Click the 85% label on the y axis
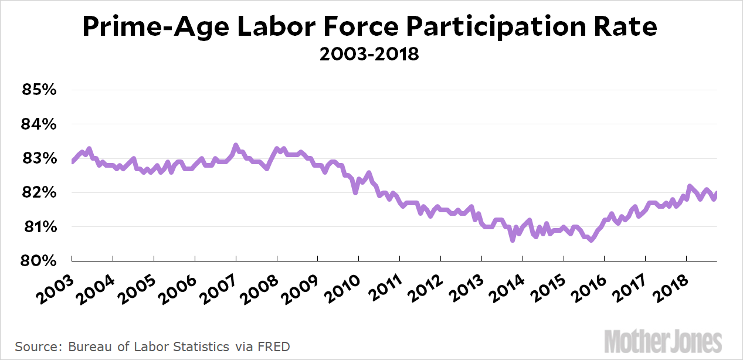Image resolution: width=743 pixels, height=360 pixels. click(39, 91)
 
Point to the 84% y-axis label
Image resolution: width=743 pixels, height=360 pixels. click(39, 125)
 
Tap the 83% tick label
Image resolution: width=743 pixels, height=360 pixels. click(39, 159)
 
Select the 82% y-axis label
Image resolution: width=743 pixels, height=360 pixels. click(39, 193)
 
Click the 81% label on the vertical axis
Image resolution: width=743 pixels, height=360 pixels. click(39, 227)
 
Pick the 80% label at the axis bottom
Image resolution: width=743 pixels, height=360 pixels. click(39, 261)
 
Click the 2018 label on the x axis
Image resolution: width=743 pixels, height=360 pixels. click(670, 284)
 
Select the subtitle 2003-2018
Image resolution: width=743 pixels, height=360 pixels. click(369, 55)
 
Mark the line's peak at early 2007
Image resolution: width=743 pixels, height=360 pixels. click(236, 145)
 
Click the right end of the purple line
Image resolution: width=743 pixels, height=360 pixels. click(717, 193)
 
